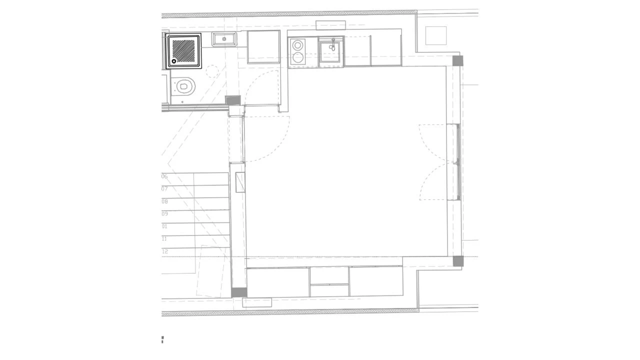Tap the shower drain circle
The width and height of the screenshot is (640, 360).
pos(174,61)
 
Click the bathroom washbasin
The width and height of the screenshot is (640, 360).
pos(224,38)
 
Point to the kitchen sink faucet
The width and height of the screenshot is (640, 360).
pos(333,42)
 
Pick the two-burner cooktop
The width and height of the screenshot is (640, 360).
pos(298,51)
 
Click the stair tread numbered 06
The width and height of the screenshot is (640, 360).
pos(164,176)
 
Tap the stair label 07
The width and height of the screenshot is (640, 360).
pos(164,189)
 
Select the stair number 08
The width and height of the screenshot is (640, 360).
pos(164,201)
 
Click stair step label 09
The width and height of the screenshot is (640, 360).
pos(164,214)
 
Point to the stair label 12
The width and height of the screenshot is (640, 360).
pos(164,251)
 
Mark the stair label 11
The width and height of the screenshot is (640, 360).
pos(164,239)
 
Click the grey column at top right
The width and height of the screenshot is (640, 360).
pos(457,61)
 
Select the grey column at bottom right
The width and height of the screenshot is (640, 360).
pos(458,261)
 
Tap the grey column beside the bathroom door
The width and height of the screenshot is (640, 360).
pos(233,100)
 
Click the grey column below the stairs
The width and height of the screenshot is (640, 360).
pos(239,292)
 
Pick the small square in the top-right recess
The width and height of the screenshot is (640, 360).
pos(435,35)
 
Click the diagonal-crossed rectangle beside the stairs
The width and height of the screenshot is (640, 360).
pos(240,182)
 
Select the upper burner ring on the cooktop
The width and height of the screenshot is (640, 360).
pos(298,45)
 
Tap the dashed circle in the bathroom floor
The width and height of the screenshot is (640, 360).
pos(212,71)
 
